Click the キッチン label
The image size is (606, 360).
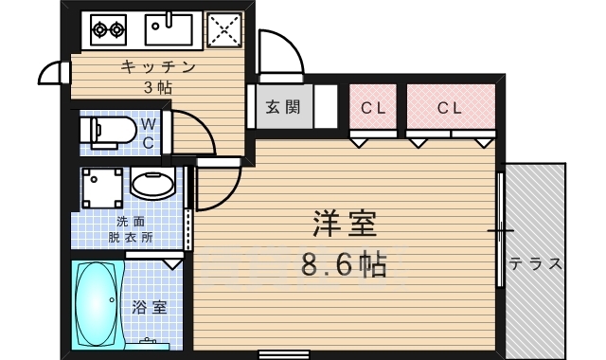(157, 66)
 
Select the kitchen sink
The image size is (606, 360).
(169, 29)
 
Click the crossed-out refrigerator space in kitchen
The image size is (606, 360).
(224, 30)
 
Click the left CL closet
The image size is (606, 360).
(375, 108)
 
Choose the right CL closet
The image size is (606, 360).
(451, 108)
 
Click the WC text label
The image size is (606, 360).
(149, 133)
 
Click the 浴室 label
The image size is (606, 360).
(149, 307)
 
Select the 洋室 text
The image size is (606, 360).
(345, 224)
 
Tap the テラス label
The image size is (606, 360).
(536, 263)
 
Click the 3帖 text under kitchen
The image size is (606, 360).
(159, 86)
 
